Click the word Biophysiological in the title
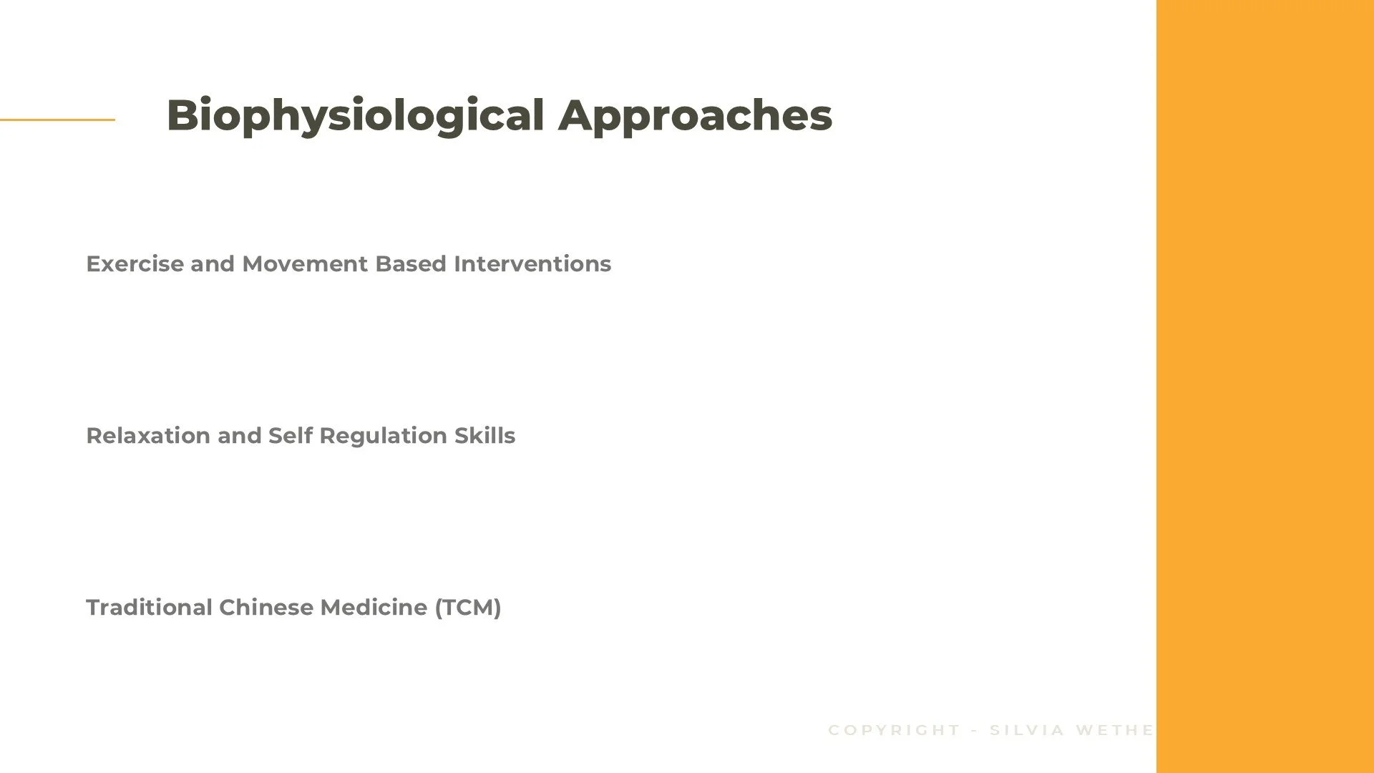coord(355,116)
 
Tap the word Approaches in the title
coord(695,116)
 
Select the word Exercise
coord(135,264)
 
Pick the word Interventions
coord(532,264)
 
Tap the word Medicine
coord(374,608)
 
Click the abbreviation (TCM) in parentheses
coord(468,608)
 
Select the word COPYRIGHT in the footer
coord(894,730)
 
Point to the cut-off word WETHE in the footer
coord(1114,730)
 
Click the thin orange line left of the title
coord(57,120)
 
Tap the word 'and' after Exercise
coord(213,264)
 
